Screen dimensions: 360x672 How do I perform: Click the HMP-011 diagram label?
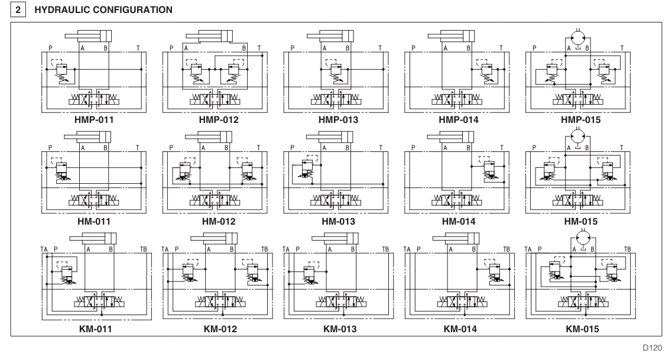(x=95, y=119)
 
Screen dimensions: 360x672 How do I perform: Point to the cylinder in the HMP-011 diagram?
(x=92, y=35)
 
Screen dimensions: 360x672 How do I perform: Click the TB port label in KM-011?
(x=144, y=250)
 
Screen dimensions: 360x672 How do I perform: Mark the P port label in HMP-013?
(x=292, y=46)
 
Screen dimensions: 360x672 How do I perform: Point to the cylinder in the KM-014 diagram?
(x=457, y=238)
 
